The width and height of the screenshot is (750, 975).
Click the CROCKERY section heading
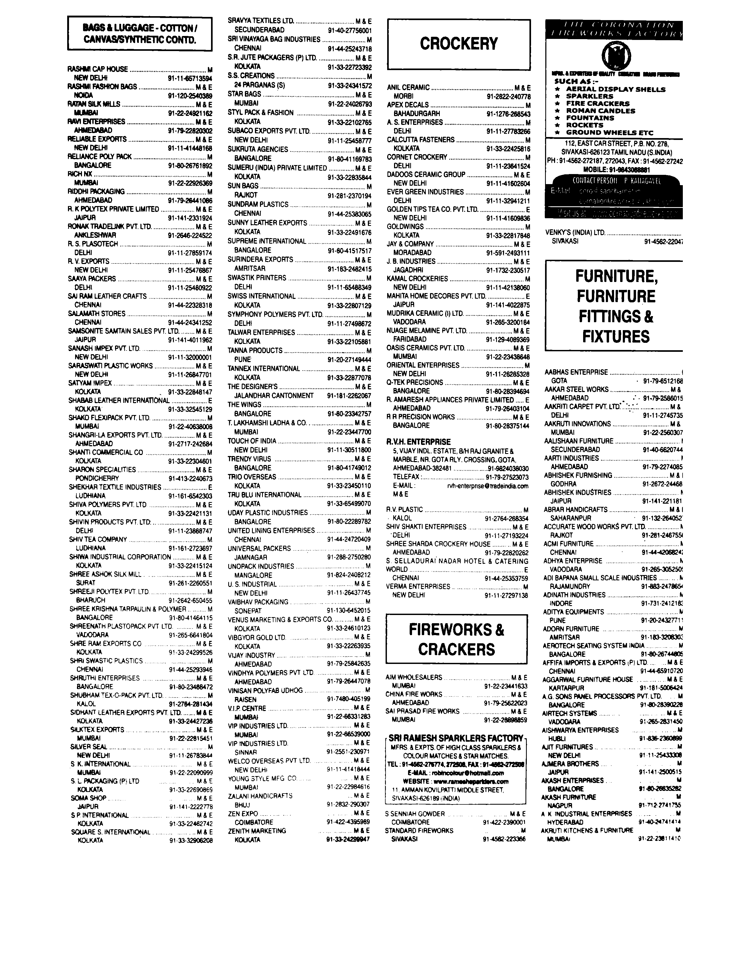[x=459, y=44]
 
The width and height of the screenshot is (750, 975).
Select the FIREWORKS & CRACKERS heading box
[x=456, y=639]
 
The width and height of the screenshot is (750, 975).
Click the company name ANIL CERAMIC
[x=408, y=88]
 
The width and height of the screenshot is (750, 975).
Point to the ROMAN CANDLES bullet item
[x=600, y=111]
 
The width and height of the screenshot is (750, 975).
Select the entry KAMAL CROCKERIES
[x=417, y=279]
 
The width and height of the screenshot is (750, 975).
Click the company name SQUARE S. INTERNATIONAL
[x=111, y=832]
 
